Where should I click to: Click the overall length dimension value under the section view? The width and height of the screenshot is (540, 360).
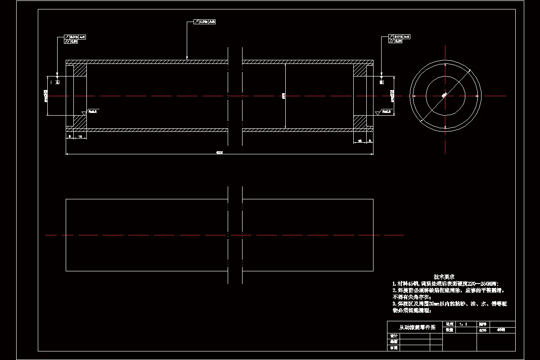tap(220, 152)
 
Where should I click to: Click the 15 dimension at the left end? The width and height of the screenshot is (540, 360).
tap(80, 136)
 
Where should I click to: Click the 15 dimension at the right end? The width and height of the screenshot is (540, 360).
tap(360, 141)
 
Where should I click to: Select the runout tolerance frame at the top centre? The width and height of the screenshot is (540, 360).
tap(205, 21)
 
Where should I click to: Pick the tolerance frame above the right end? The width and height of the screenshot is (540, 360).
tap(399, 38)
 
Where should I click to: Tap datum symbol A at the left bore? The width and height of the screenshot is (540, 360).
tap(57, 82)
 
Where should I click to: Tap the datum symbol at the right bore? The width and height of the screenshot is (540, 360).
tap(382, 82)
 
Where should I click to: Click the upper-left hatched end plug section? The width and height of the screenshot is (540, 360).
tap(80, 70)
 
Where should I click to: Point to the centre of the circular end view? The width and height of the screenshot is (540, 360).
tap(445, 95)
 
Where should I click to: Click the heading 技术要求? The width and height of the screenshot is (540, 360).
tap(444, 276)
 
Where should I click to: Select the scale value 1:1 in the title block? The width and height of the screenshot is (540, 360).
tap(463, 324)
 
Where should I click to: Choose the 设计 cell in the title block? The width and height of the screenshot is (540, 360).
tap(394, 336)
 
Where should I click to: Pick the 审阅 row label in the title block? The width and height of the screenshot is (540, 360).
tap(394, 348)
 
